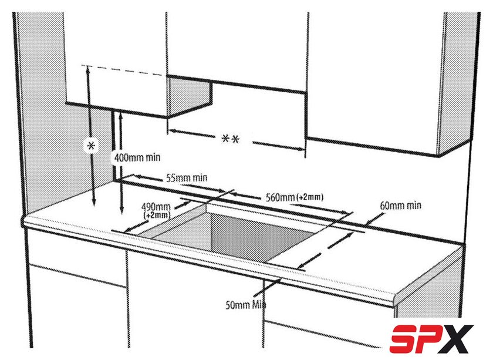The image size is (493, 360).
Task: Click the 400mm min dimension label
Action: (x=137, y=157)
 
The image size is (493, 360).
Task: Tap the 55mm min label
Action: (x=187, y=178)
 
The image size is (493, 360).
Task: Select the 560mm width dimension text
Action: (x=280, y=198)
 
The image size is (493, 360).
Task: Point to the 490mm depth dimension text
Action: (x=156, y=207)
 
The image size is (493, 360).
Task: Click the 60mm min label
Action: (x=400, y=206)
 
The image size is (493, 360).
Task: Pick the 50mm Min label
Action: (x=246, y=305)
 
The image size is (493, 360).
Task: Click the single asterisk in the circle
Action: (x=91, y=146)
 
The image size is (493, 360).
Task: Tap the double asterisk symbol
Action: (x=231, y=139)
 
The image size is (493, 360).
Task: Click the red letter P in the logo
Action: (x=431, y=339)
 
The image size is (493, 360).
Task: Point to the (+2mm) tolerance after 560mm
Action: (x=310, y=197)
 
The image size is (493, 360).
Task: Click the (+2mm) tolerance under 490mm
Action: (x=157, y=216)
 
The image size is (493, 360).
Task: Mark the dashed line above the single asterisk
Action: (x=123, y=70)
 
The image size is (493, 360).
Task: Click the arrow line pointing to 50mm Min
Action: (x=267, y=287)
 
